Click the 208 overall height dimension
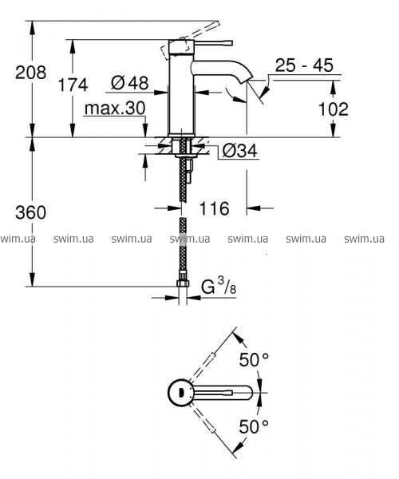(x=31, y=73)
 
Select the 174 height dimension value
(x=73, y=85)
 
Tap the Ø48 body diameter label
(x=130, y=82)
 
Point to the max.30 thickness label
(x=115, y=108)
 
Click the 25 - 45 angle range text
(x=304, y=65)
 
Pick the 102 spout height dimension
(x=333, y=109)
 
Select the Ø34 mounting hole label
(x=239, y=150)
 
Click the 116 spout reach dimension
(x=214, y=208)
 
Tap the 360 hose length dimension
(x=31, y=212)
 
